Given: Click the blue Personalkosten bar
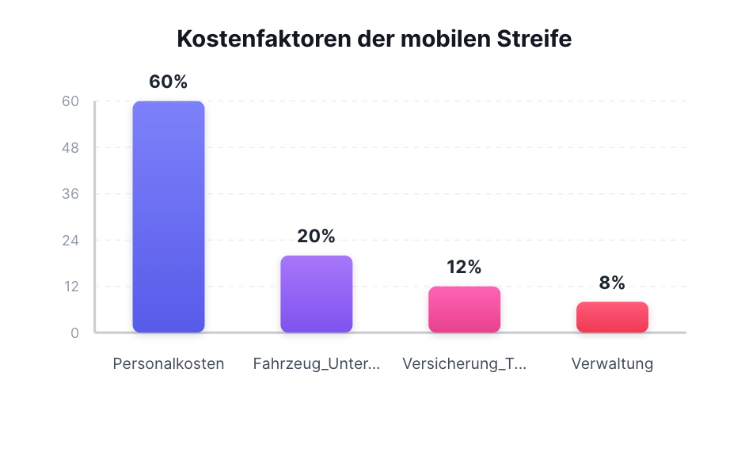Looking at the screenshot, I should pyautogui.click(x=169, y=216).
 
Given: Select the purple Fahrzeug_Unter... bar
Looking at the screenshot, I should pyautogui.click(x=317, y=294).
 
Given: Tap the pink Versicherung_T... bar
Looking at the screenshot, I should pyautogui.click(x=464, y=310).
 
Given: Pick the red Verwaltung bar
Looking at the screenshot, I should pyautogui.click(x=612, y=317).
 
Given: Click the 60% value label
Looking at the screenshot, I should pyautogui.click(x=169, y=82).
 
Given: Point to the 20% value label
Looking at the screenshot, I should pyautogui.click(x=317, y=236).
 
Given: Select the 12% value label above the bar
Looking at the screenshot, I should pyautogui.click(x=464, y=267).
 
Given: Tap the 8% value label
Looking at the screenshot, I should pyautogui.click(x=612, y=283).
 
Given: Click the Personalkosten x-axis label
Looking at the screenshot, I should pyautogui.click(x=169, y=364).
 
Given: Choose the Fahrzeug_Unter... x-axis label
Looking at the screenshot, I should pyautogui.click(x=317, y=364).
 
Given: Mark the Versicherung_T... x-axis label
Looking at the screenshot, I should pyautogui.click(x=464, y=364).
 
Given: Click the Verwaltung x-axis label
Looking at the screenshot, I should pyautogui.click(x=612, y=364).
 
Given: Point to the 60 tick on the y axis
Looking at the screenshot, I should pyautogui.click(x=70, y=101).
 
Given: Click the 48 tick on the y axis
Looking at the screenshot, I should pyautogui.click(x=70, y=148).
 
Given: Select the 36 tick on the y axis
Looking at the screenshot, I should pyautogui.click(x=70, y=194).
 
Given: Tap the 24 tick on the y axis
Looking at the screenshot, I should pyautogui.click(x=70, y=240).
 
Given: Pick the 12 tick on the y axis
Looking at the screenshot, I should pyautogui.click(x=70, y=287).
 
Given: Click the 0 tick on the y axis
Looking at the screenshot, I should pyautogui.click(x=74, y=332).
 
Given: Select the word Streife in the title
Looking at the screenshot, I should pyautogui.click(x=534, y=39).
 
